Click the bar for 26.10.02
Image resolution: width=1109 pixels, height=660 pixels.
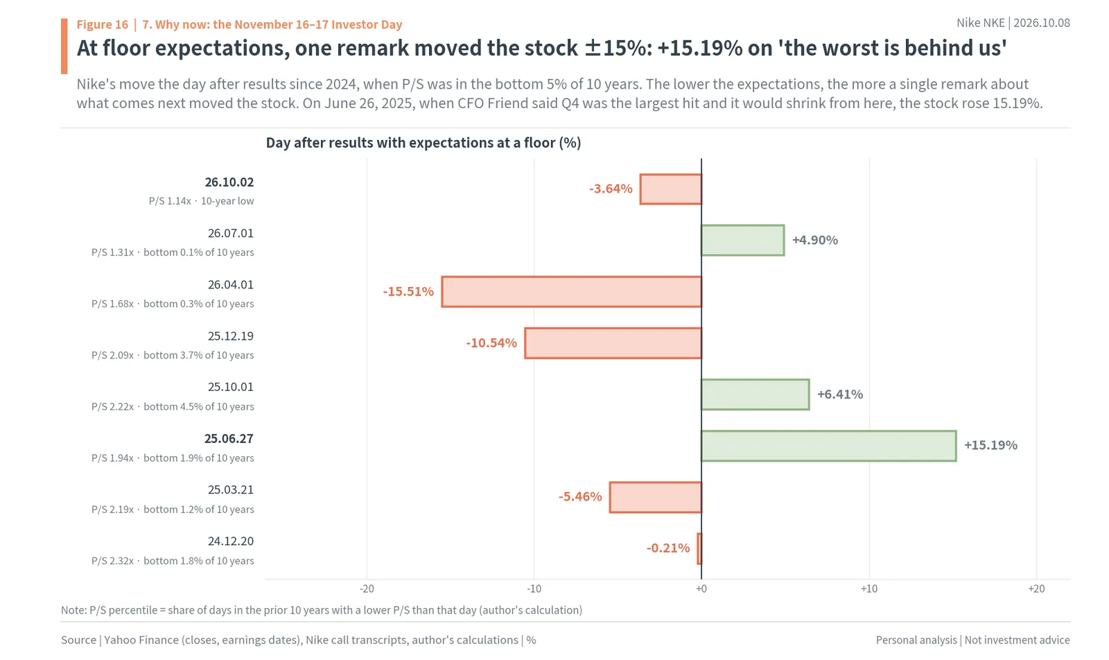coord(670,189)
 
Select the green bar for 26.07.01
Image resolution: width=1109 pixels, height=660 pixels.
coord(742,241)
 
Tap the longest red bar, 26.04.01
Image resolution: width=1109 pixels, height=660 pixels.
coord(571,292)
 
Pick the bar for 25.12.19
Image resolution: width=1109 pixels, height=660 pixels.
coord(613,343)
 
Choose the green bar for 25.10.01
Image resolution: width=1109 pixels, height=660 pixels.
coord(756,394)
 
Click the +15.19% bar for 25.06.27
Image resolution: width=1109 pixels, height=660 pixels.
coord(829,446)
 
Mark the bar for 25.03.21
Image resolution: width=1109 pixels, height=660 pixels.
coord(656,497)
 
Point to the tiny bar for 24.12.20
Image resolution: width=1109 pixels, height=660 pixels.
coord(699,548)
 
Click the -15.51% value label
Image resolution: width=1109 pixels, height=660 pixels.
coord(408,291)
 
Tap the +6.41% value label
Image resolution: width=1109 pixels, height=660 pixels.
coord(840,394)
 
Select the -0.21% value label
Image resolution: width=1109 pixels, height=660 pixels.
coord(668,548)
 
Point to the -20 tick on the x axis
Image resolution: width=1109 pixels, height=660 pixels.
coord(367,589)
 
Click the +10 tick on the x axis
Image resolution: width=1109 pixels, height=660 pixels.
coord(869,589)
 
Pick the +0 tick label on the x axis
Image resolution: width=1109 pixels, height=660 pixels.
coord(701,589)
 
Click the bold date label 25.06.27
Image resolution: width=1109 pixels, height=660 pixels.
coord(229,439)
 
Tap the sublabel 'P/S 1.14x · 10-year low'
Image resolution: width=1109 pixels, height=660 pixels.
coord(202,201)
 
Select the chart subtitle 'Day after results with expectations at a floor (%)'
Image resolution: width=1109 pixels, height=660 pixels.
coord(423,143)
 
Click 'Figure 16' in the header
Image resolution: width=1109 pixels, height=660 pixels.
coord(103,24)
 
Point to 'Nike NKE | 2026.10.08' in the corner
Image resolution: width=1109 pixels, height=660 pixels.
coord(1013,23)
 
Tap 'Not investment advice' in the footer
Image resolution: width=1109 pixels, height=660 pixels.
coord(1017,640)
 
